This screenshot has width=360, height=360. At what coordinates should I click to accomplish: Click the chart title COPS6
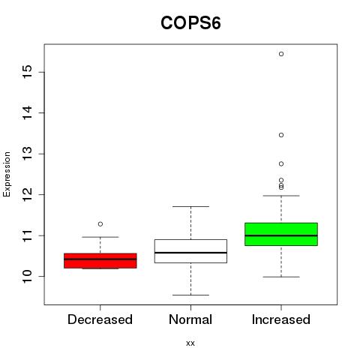(190, 23)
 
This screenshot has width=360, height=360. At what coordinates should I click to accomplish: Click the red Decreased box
(100, 261)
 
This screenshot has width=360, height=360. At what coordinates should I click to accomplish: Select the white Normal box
(190, 251)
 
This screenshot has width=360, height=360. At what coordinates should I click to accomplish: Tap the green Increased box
(281, 234)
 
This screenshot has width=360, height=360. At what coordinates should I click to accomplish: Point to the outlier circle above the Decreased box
(100, 224)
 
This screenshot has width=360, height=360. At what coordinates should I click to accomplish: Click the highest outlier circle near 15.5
(281, 54)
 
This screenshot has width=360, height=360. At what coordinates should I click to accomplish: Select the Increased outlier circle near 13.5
(281, 135)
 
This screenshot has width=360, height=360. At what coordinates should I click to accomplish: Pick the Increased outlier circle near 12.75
(281, 164)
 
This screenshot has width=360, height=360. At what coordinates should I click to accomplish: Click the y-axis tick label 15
(28, 72)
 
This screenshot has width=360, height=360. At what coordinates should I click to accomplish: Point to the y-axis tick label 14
(28, 112)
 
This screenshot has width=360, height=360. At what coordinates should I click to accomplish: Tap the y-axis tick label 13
(28, 154)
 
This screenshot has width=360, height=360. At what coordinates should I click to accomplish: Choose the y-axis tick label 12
(28, 194)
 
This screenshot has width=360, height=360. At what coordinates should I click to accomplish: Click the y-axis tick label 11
(28, 235)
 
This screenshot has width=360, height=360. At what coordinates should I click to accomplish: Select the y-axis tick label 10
(28, 276)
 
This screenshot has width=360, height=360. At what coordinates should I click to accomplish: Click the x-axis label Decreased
(100, 319)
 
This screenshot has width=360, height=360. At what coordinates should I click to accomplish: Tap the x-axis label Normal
(190, 319)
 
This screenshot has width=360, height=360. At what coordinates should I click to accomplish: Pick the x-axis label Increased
(281, 319)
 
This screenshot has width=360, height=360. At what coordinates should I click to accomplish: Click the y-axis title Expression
(7, 174)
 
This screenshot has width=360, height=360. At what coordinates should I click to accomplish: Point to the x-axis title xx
(190, 343)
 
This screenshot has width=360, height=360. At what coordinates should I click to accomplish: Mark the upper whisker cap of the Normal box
(190, 206)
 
